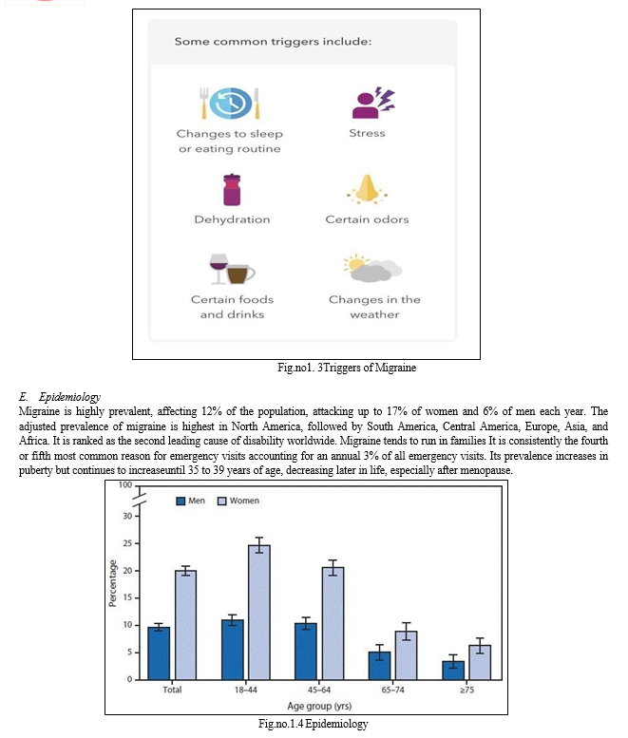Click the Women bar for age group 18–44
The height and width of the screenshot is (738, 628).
pos(259,613)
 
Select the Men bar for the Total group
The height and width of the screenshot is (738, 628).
pos(159,653)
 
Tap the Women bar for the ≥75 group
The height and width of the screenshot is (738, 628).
pos(480,662)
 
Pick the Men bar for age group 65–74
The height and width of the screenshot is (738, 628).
pos(379,666)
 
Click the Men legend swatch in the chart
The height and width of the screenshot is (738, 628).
pos(181,501)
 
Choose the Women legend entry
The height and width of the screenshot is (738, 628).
pos(238,501)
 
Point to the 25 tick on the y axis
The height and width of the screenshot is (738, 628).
pos(127,543)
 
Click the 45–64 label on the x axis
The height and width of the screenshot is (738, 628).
pos(319,690)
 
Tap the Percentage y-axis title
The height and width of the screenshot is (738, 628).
pos(112,583)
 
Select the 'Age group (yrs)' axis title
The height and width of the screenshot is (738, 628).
pos(319,706)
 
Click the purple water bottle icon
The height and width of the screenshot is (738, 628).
pos(232,190)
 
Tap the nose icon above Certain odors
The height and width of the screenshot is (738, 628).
pos(367,189)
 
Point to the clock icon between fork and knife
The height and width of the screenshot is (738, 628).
pos(230,103)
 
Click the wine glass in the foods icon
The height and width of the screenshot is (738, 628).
pos(219,269)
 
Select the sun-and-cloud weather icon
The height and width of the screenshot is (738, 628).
pos(372,268)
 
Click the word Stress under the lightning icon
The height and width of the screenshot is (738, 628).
pos(367,133)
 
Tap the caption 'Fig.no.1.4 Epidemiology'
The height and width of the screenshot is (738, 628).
pos(314,724)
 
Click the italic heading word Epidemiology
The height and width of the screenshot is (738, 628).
pos(69,397)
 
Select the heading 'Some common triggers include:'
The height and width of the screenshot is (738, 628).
pos(273,42)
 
